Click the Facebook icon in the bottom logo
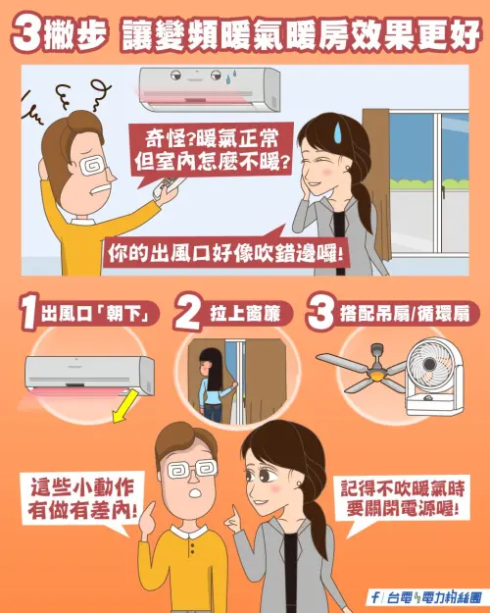[x=375, y=597]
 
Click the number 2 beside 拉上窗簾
[x=188, y=316]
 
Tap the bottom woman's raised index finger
[x=235, y=514]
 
